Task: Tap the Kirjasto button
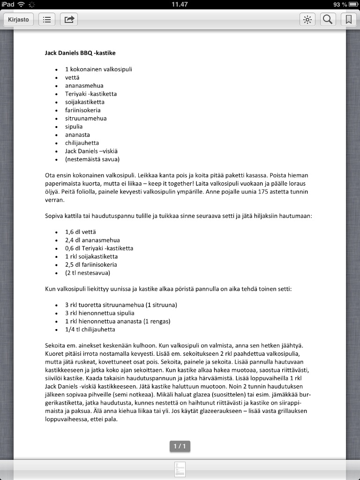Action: point(18,20)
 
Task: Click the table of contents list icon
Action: point(46,20)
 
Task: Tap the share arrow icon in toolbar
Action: point(69,20)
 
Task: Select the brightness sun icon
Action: point(307,20)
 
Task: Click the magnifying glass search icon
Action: point(328,20)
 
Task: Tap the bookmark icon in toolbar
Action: point(348,20)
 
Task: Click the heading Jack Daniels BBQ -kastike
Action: point(80,53)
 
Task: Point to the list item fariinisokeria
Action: point(82,110)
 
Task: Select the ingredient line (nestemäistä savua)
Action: point(92,159)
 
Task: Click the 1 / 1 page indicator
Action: point(180,446)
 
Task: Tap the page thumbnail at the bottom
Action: point(180,470)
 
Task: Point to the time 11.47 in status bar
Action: point(180,4)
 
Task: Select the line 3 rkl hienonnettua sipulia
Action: point(99,313)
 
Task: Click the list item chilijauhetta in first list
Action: point(82,143)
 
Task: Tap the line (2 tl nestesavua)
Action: point(88,273)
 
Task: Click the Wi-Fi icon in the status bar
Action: point(21,4)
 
